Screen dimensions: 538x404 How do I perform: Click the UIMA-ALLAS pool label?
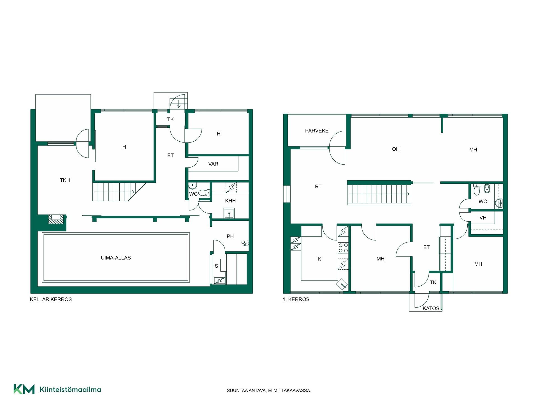[116, 258]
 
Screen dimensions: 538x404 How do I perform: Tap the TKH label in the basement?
[65, 180]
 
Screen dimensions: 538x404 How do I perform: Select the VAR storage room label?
[213, 164]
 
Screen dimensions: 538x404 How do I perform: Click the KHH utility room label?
[230, 201]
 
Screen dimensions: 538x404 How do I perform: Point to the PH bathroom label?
[230, 236]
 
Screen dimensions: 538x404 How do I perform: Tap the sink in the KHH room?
[229, 213]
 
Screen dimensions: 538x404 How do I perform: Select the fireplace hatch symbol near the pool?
[55, 219]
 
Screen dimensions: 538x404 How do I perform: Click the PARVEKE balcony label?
[317, 131]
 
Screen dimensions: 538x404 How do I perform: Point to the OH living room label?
[396, 149]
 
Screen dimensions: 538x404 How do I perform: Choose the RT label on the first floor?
[318, 187]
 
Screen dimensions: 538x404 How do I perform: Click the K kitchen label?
[319, 259]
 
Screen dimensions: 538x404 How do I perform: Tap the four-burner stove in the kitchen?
[343, 248]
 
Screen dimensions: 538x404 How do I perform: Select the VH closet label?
[483, 218]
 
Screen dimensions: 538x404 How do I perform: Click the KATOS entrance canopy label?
[431, 308]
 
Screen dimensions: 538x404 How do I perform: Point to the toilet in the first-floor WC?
[476, 189]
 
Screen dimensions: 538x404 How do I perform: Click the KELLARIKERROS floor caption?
[51, 299]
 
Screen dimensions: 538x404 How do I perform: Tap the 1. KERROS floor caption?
[296, 299]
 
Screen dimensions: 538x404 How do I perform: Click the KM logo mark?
[24, 389]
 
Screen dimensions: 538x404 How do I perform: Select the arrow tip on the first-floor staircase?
[409, 194]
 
